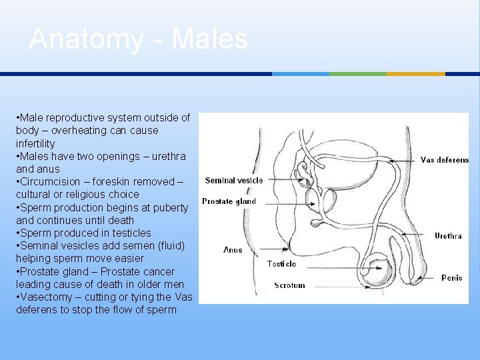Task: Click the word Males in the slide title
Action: (x=210, y=39)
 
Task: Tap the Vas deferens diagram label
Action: (x=444, y=160)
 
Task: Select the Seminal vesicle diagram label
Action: (x=234, y=180)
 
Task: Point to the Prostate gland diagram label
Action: (x=229, y=201)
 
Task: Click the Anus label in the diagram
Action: (x=233, y=250)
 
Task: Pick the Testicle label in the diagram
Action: (x=281, y=264)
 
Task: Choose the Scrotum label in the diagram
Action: (x=289, y=285)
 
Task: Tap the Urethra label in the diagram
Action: (x=448, y=236)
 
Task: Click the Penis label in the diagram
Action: (x=451, y=278)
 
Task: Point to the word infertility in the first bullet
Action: (x=35, y=143)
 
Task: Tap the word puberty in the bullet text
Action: (x=171, y=207)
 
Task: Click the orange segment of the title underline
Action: (x=415, y=74)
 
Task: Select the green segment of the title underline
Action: (x=358, y=74)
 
